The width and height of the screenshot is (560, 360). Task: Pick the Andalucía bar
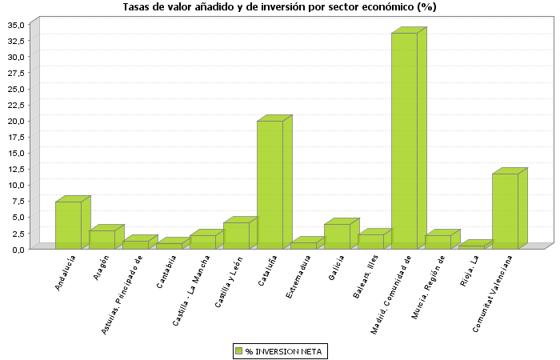(x=68, y=225)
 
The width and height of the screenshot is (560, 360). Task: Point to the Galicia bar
(x=337, y=236)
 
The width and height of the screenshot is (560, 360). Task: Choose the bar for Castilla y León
(x=236, y=235)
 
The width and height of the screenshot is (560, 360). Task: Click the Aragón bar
(x=102, y=239)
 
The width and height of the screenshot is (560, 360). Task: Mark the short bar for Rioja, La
(x=471, y=246)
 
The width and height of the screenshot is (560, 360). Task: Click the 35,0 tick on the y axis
(x=17, y=25)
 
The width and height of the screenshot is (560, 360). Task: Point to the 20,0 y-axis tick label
(x=17, y=121)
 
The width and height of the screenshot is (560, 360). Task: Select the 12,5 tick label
(x=17, y=169)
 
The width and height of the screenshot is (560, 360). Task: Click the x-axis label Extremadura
(x=296, y=276)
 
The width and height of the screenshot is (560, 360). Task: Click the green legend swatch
(x=238, y=350)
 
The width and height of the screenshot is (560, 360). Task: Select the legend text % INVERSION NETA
(x=284, y=350)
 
